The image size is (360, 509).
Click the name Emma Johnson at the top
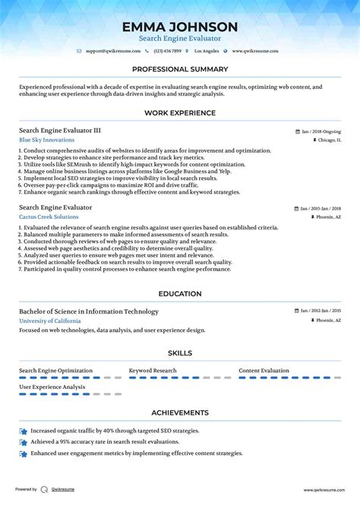180,27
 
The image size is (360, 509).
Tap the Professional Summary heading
180,69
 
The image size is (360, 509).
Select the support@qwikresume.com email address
113,51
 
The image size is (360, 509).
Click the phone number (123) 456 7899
168,51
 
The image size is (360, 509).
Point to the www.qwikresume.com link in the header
255,51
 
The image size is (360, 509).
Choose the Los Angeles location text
207,51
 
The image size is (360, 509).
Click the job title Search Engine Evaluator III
60,131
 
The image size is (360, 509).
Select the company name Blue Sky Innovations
47,140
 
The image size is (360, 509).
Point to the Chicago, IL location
329,141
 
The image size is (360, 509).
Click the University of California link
49,321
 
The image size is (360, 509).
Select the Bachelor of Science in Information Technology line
89,311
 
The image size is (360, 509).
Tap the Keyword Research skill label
153,371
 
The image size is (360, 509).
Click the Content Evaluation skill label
264,371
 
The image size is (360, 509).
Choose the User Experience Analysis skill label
52,387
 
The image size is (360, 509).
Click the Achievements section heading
180,413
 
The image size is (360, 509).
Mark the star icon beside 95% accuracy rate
24,441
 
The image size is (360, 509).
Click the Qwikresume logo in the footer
45,490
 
